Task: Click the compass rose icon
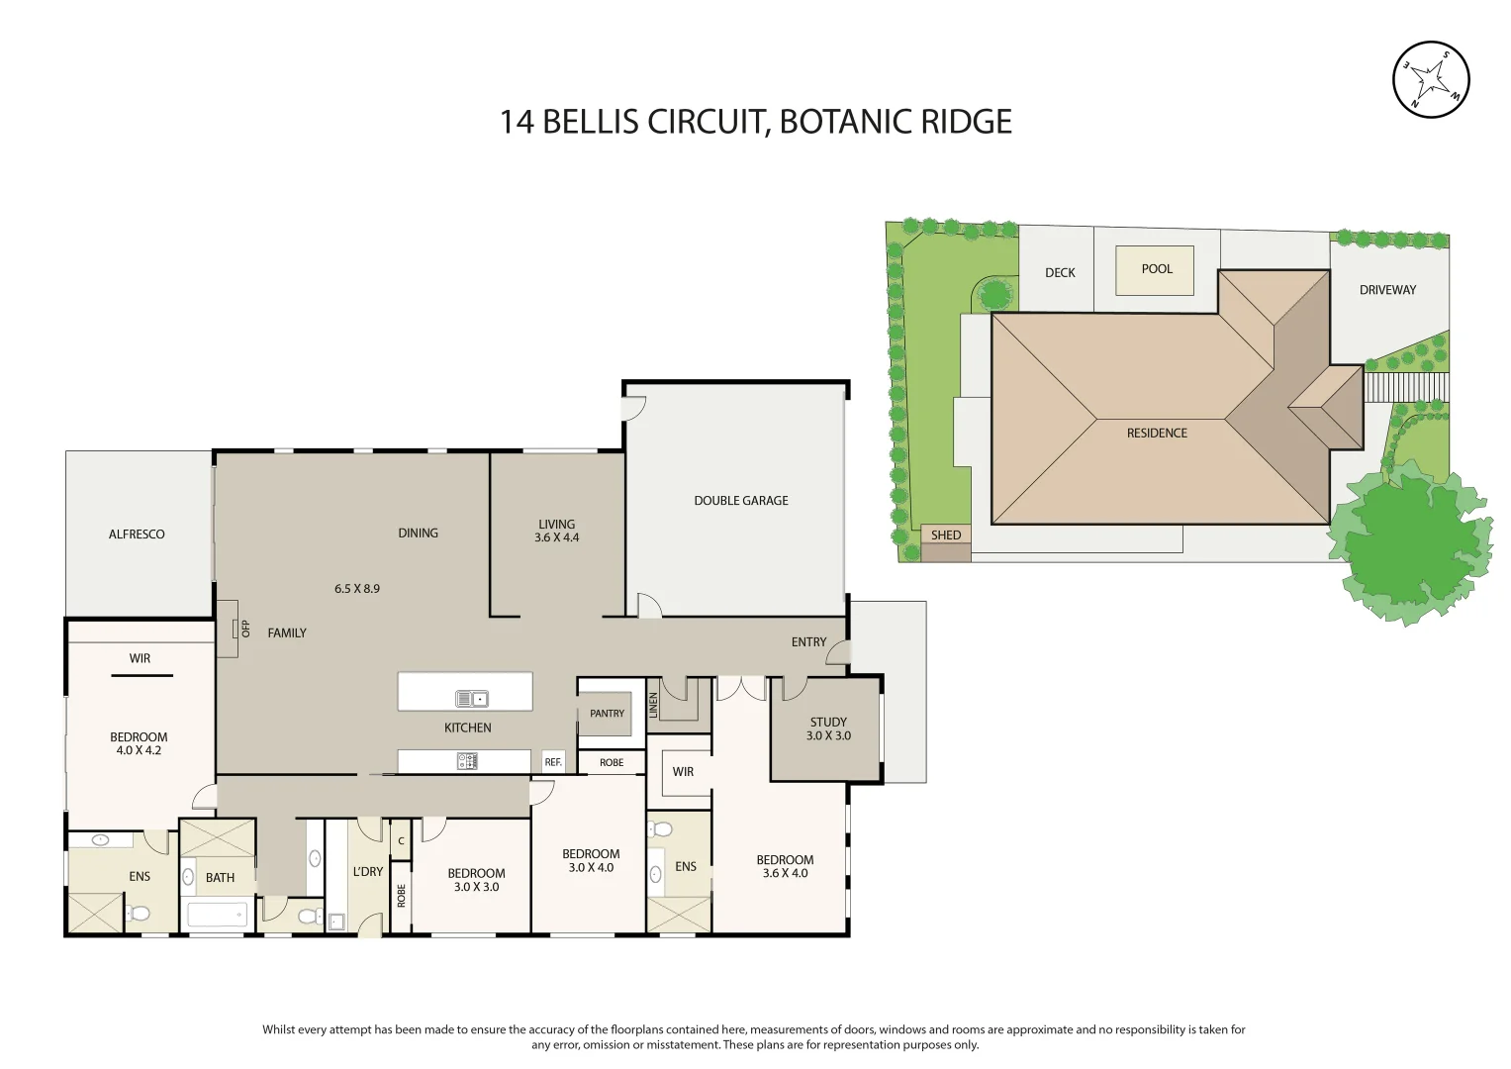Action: [1431, 79]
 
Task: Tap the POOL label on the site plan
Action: [1156, 268]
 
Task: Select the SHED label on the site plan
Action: [945, 534]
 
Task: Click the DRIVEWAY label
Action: [1387, 290]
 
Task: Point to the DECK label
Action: [1060, 272]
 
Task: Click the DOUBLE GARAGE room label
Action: [740, 501]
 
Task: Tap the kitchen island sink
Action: [471, 699]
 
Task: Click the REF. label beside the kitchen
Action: [553, 762]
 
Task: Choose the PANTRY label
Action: [607, 714]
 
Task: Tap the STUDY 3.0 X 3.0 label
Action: [828, 729]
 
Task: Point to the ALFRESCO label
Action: [137, 534]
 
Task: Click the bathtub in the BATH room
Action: [216, 915]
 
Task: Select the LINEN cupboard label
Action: [653, 705]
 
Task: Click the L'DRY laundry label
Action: [367, 872]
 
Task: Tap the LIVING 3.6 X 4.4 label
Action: [556, 531]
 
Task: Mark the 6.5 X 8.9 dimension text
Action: [356, 589]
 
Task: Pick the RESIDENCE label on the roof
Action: [1156, 434]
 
